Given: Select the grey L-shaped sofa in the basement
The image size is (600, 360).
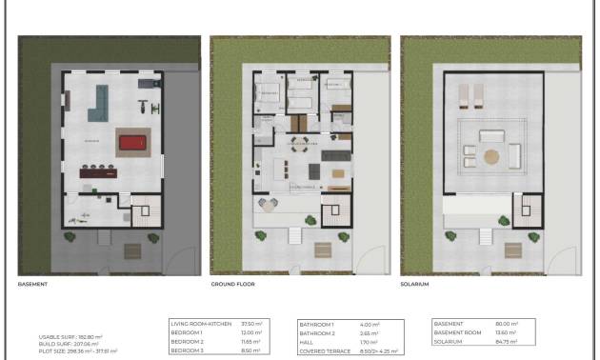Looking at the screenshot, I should (x=98, y=103).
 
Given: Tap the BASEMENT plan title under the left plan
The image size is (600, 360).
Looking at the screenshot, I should (x=32, y=284).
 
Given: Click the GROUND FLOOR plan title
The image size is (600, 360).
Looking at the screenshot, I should (x=232, y=284).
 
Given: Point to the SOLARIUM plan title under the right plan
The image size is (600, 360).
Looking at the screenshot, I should (x=416, y=284).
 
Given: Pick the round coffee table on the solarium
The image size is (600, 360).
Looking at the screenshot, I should (x=490, y=155).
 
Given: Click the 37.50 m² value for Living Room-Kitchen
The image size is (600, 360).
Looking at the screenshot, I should (x=250, y=323).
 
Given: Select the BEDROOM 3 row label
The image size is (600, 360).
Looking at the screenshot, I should (x=188, y=349).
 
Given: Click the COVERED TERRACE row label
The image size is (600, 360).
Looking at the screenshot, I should (x=320, y=350).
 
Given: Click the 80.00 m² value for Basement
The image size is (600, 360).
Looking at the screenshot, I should (x=508, y=323).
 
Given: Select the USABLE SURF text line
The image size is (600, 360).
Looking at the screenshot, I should (x=70, y=336).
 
